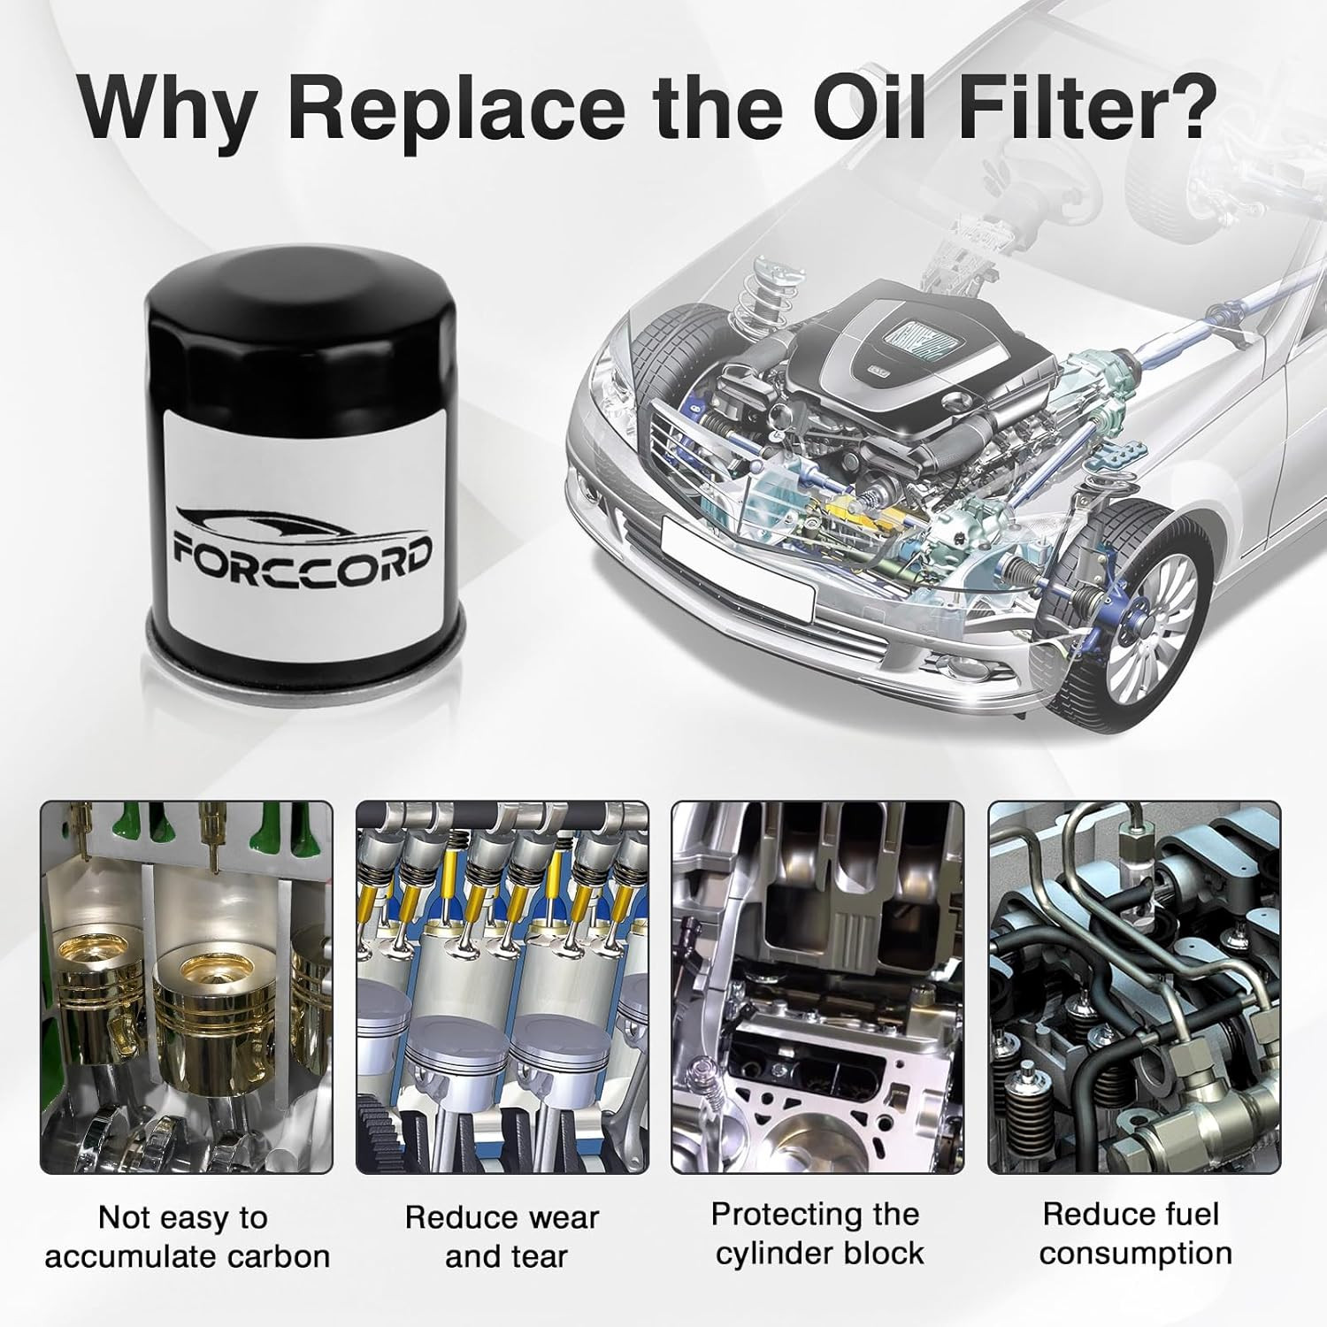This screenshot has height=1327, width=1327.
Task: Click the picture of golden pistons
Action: pyautogui.click(x=187, y=987)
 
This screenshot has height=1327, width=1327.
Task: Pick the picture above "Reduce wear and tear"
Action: pyautogui.click(x=502, y=987)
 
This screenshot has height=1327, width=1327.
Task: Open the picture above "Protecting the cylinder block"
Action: pyautogui.click(x=818, y=987)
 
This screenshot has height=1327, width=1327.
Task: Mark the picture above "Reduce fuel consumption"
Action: pyautogui.click(x=1134, y=987)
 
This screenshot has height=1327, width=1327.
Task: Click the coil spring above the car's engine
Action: pyautogui.click(x=749, y=301)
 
